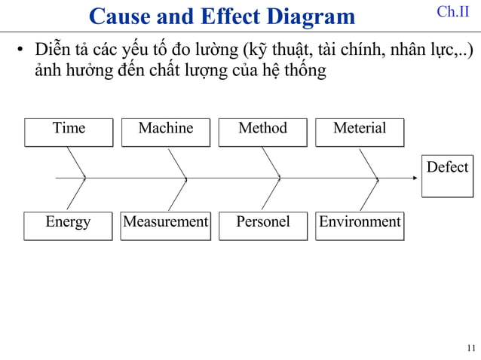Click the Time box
pos(69,131)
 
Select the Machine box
pos(166,131)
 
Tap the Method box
pos(263,131)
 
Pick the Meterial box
pos(360,131)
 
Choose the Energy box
pos(68,224)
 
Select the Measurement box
pos(166,224)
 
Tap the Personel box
pos(263,224)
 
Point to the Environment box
pos(360,224)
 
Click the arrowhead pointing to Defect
pos(414,178)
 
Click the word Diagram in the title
pos(306,16)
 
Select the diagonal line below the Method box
pos(270,162)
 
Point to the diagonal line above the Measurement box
pos(177,195)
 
